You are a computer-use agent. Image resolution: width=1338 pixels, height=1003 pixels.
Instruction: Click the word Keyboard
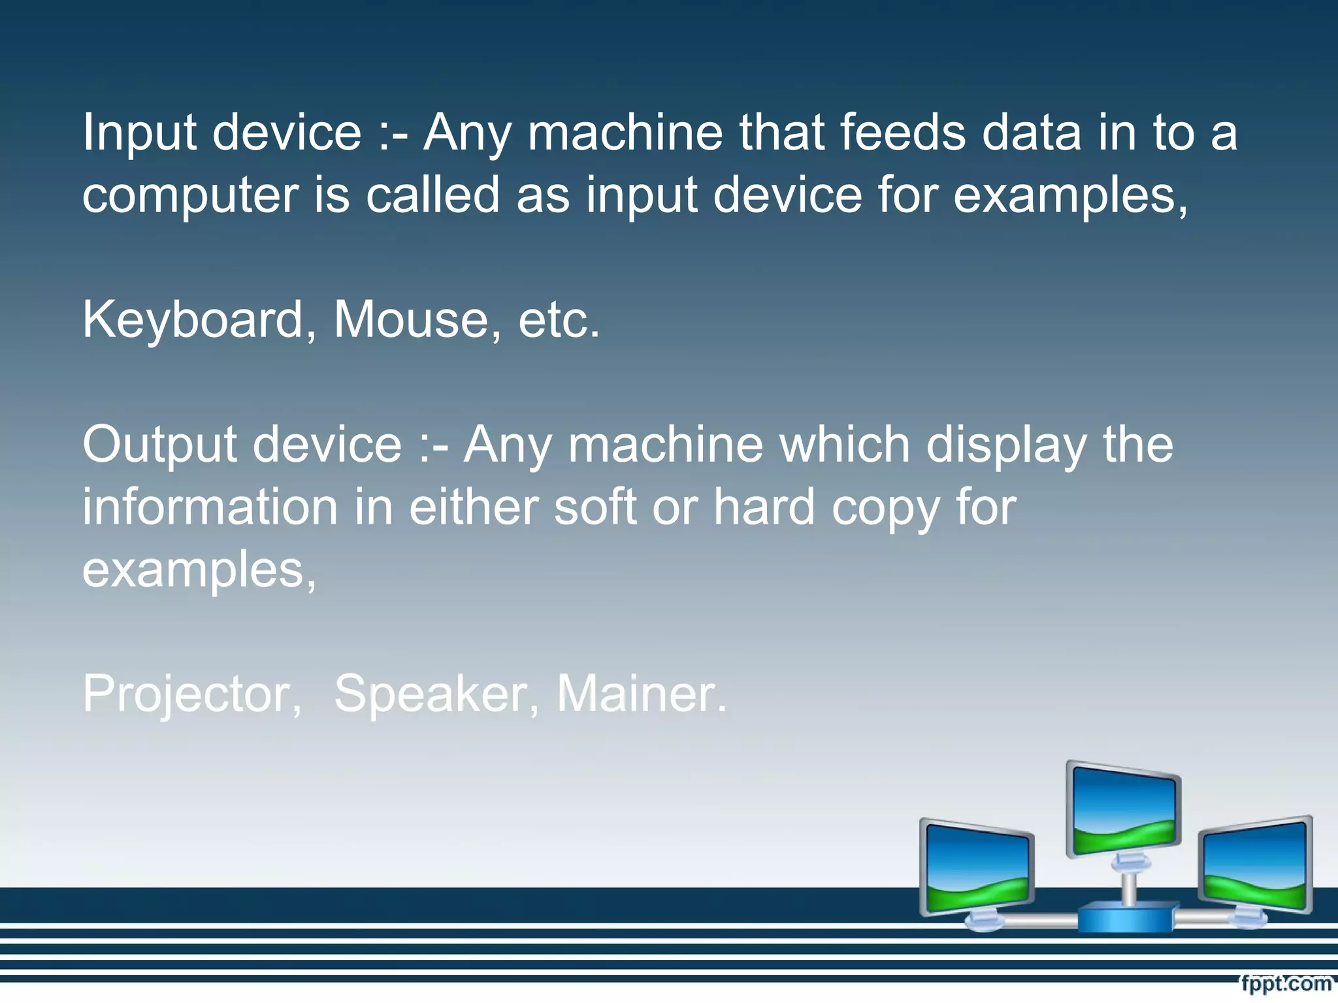(193, 320)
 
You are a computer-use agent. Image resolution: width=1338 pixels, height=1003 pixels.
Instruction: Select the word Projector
(186, 693)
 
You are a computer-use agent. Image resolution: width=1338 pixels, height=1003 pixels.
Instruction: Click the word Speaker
(430, 693)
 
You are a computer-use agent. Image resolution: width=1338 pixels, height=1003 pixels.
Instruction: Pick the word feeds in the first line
(902, 133)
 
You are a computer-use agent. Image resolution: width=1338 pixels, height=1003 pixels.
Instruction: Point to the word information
(210, 507)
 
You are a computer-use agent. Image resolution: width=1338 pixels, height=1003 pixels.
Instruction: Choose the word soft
(595, 507)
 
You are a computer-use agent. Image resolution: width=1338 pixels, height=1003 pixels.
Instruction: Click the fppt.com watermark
(1285, 983)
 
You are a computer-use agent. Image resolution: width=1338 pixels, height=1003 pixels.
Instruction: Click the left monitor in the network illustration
(977, 868)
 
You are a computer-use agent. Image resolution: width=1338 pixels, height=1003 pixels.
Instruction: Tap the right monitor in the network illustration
(1255, 865)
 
